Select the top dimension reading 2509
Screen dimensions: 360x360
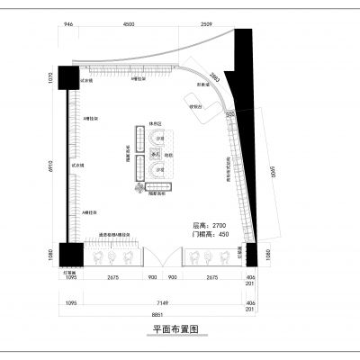click(x=206, y=25)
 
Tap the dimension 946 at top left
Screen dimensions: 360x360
click(x=69, y=25)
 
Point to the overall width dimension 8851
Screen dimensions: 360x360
click(x=157, y=314)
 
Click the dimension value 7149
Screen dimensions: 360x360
click(x=157, y=303)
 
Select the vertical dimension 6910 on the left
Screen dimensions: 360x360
click(x=52, y=166)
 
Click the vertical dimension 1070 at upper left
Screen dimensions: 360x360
click(x=52, y=87)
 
